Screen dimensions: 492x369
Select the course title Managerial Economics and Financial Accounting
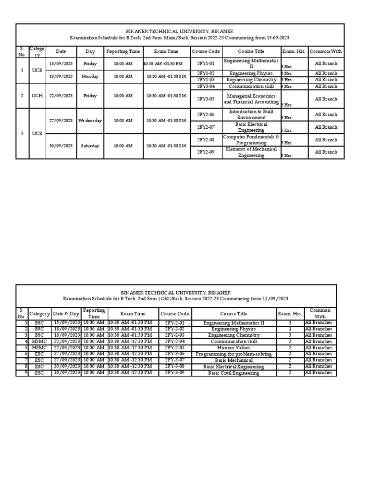[251, 99]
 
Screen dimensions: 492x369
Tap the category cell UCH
[37, 96]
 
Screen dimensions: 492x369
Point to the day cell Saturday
[90, 146]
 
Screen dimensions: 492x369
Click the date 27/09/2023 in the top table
[61, 121]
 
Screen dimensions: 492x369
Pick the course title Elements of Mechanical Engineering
[251, 152]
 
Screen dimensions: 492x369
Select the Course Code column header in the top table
[206, 51]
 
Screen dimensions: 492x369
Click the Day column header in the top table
[90, 51]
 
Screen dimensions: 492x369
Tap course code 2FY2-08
[206, 140]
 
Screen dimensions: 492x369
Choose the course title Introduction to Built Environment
[251, 114]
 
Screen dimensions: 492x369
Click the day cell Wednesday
[90, 121]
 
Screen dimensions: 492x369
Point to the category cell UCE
[37, 133]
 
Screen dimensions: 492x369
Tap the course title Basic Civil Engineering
[234, 373]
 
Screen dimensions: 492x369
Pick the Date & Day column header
[66, 314]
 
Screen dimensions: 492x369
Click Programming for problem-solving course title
[234, 354]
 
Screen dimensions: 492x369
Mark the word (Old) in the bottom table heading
[166, 299]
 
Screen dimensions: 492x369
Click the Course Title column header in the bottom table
[234, 314]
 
